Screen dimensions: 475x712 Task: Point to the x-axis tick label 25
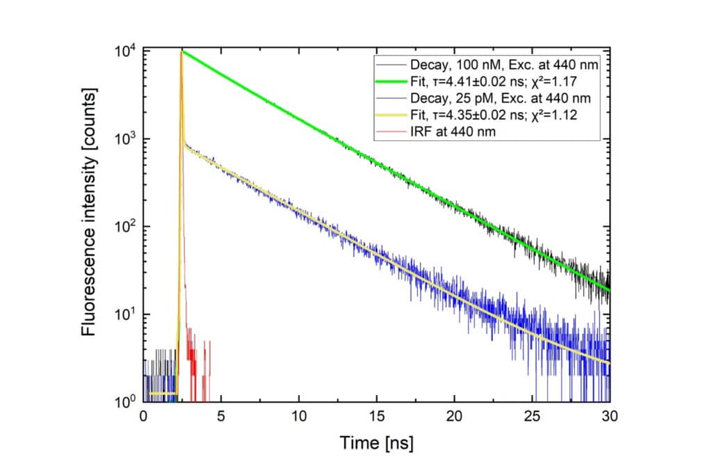[533, 417]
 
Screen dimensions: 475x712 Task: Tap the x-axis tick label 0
[143, 417]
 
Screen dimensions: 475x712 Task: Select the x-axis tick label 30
[610, 417]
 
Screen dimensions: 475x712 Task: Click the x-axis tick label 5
[221, 417]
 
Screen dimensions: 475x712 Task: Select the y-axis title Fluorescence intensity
[89, 227]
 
